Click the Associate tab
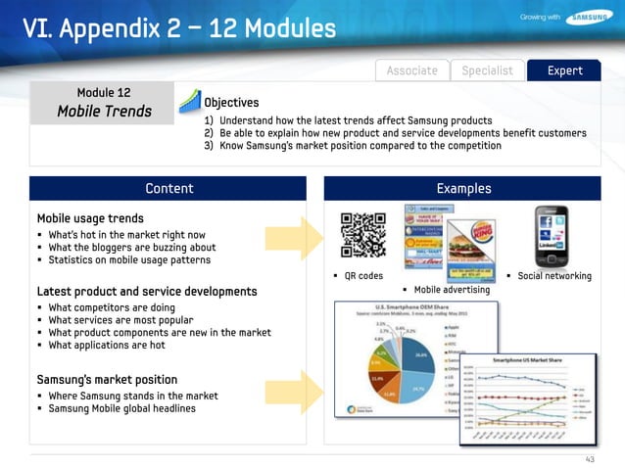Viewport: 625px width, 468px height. pos(411,70)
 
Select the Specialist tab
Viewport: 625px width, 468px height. pos(487,70)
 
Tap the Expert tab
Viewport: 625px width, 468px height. pos(565,70)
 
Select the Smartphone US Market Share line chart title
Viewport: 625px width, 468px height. pos(535,361)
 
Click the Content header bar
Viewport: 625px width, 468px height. pos(168,188)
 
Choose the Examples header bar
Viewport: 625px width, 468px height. pos(463,188)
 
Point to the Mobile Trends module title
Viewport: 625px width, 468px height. pos(104,111)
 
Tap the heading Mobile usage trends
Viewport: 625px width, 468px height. pos(90,218)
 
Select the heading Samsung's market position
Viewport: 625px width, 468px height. pos(107,379)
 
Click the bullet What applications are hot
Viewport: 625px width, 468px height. pos(107,346)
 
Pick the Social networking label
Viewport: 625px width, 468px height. pos(553,276)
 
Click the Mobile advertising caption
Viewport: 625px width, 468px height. pos(452,291)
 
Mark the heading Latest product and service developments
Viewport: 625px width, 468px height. pos(147,292)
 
